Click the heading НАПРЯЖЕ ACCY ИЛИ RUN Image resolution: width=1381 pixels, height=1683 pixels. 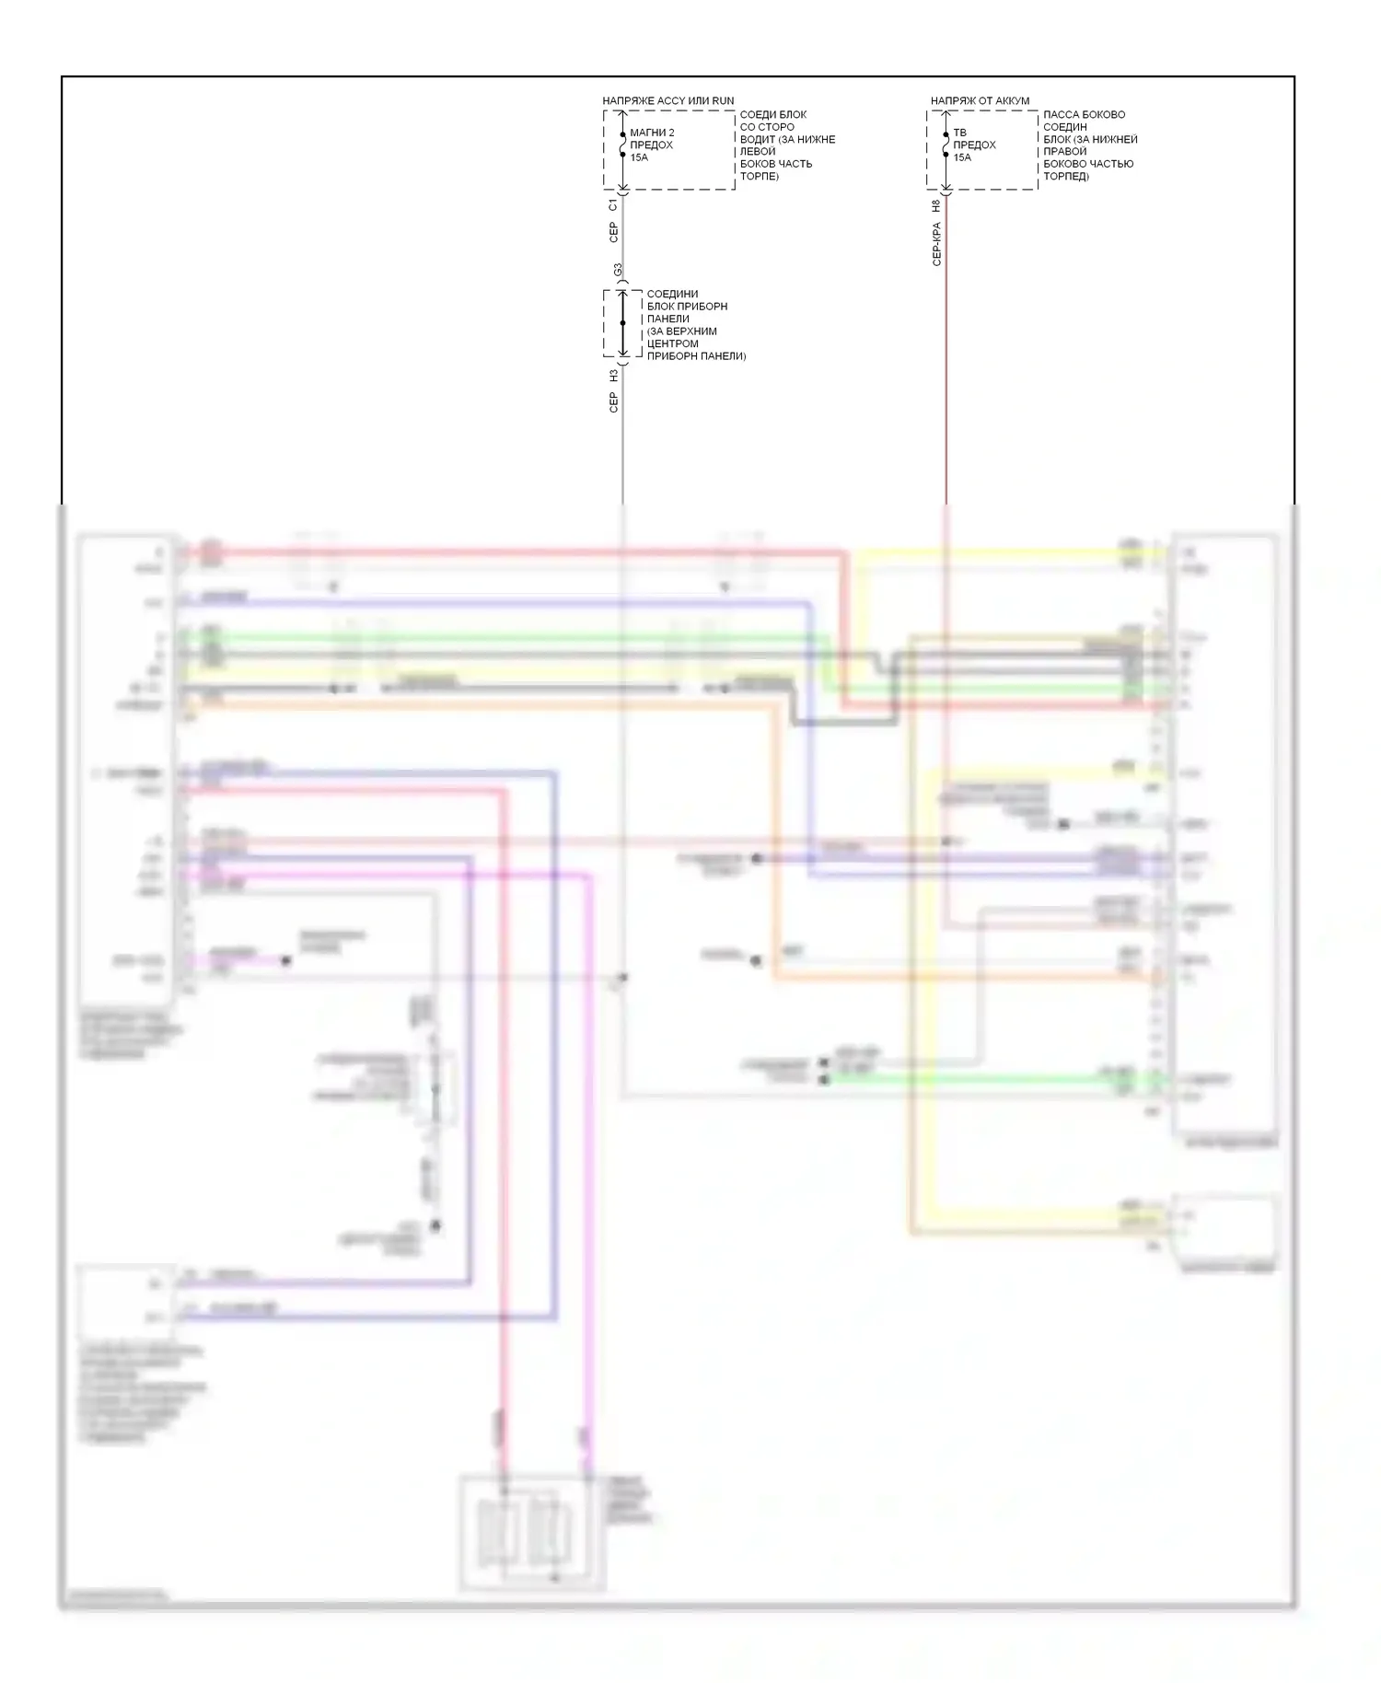668,100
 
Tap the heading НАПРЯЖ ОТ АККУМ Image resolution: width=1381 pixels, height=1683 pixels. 980,100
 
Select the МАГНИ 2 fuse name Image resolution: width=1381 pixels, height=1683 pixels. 652,133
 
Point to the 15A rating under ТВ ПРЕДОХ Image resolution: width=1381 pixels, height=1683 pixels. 962,157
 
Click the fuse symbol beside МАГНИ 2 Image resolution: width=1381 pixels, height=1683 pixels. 623,145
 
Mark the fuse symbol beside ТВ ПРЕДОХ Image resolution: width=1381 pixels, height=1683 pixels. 946,145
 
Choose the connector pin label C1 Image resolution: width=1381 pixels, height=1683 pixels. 613,204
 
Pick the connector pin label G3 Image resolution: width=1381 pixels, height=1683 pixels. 618,271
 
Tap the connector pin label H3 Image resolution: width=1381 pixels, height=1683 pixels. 613,376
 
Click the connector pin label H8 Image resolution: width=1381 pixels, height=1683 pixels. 936,206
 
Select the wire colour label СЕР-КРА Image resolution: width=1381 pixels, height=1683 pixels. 936,244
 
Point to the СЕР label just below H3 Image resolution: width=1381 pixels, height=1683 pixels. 613,402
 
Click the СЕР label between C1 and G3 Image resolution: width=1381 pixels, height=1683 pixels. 613,232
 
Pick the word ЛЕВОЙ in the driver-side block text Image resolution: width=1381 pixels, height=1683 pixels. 758,151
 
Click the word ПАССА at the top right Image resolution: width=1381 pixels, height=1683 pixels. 1060,114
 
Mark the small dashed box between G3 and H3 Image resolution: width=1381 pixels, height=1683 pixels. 623,323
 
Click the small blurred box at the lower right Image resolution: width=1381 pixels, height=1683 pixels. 1224,1229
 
